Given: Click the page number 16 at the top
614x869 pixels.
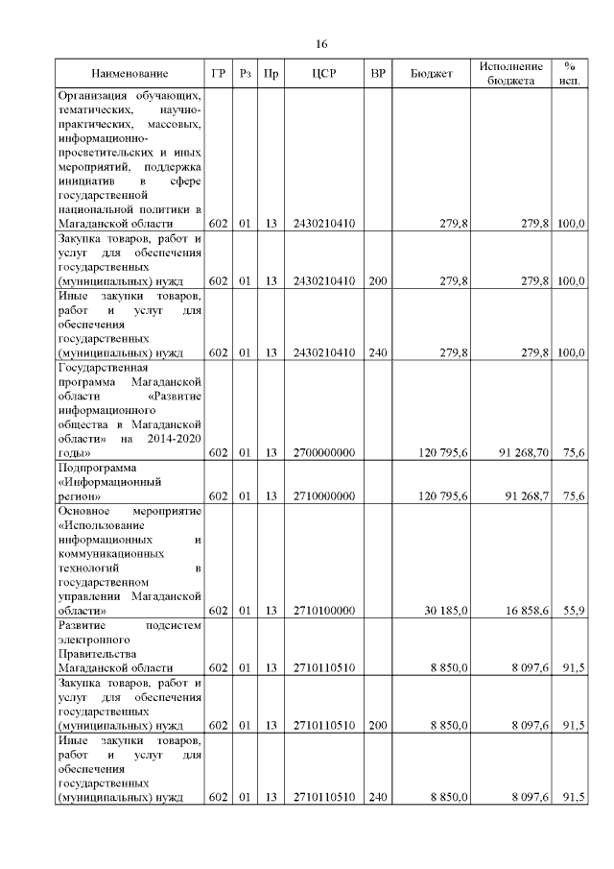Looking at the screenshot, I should click(322, 44).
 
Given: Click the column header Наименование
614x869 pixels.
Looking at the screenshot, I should click(130, 74).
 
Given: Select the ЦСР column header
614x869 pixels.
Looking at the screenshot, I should click(322, 74).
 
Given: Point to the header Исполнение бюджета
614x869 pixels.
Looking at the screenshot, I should click(511, 74).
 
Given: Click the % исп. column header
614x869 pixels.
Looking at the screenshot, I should click(569, 74).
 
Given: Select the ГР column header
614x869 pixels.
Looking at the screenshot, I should click(219, 74).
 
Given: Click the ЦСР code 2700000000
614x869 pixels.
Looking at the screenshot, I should click(324, 452).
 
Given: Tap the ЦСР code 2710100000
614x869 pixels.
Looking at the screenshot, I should click(324, 610).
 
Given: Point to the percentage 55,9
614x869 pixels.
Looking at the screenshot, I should click(574, 610).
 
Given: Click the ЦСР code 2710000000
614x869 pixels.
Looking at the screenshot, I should click(324, 496).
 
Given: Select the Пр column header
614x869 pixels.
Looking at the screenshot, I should click(272, 74).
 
